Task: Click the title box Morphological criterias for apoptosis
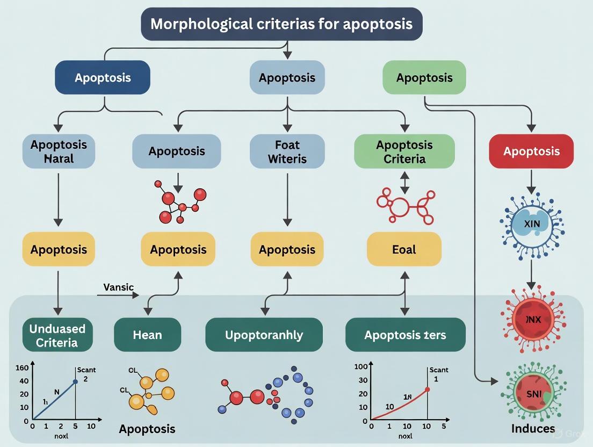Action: point(281,24)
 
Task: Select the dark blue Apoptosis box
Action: point(103,77)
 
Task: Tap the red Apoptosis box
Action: point(531,151)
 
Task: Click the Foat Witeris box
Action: point(287,151)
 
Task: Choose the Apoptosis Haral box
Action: point(59,151)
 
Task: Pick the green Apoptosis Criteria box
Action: point(404,151)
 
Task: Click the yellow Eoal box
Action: point(404,249)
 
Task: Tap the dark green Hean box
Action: point(147,335)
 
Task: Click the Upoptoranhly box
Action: point(264,335)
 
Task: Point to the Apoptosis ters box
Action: point(404,335)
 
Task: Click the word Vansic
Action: point(119,287)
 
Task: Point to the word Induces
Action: point(533,428)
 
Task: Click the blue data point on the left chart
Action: point(75,381)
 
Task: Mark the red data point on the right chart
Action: point(428,390)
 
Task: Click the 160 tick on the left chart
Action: point(22,367)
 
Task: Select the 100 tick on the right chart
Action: point(361,367)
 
